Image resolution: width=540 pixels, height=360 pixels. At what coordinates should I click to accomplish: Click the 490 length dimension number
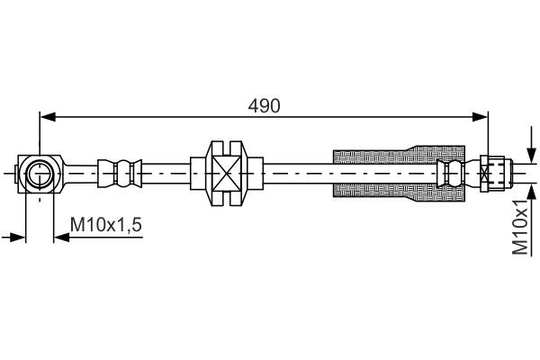pos(265,104)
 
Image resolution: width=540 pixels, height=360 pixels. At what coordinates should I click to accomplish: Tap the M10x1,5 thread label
pos(106,226)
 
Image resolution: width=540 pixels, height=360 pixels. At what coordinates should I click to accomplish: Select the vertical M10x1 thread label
pos(521,229)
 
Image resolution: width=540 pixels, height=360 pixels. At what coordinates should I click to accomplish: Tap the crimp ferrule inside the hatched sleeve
pos(450,171)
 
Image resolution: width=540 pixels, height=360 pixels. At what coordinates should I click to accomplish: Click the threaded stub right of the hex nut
pos(508,171)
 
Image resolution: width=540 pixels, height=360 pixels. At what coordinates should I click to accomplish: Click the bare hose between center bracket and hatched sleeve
pos(297,171)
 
